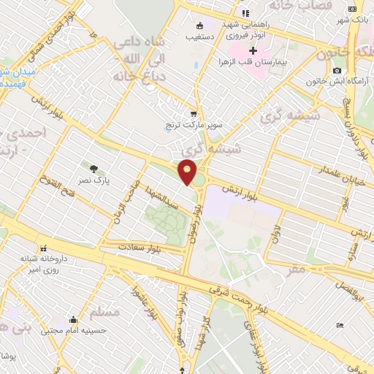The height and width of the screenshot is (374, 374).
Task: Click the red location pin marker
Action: click(x=188, y=172)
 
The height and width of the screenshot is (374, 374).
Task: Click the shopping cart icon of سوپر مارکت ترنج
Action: click(x=193, y=113)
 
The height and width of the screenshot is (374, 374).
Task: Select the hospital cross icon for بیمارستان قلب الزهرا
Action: click(x=253, y=51)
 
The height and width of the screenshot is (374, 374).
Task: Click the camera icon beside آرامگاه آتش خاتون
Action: click(x=336, y=70)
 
